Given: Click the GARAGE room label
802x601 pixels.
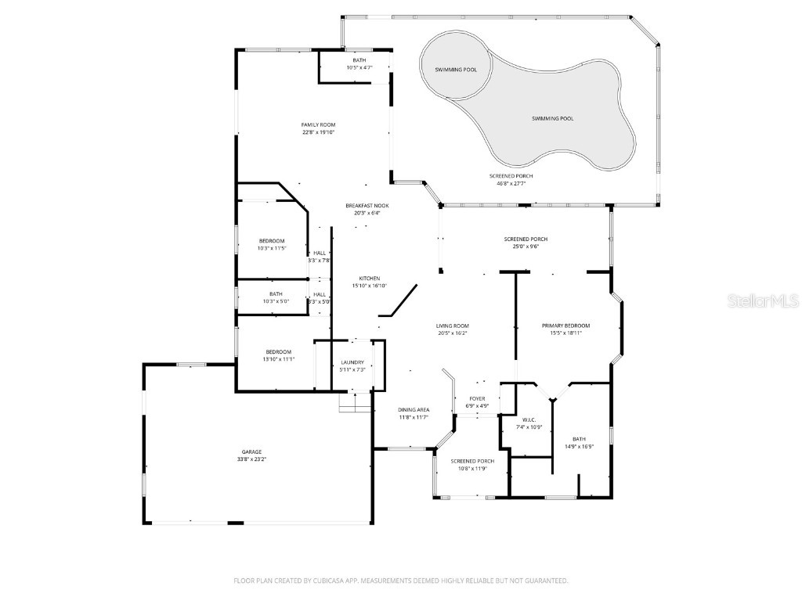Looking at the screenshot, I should coord(251,452).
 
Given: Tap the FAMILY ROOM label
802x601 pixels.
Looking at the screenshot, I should coord(318,125).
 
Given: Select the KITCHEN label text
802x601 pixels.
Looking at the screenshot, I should coord(370,279).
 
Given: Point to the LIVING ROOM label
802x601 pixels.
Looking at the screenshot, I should coord(452,326).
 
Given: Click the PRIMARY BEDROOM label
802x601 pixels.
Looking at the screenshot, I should coord(566,326).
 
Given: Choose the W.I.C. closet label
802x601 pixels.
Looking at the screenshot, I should coord(526,419).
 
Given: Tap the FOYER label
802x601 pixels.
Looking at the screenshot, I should coord(477,399).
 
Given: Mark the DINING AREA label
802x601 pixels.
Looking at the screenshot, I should coord(414,410).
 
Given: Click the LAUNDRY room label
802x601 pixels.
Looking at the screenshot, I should coord(352,362).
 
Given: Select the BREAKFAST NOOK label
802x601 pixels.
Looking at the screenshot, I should coord(367,206).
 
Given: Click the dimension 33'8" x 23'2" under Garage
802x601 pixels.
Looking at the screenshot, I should coord(251,459).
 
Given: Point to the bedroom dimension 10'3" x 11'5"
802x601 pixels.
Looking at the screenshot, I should coord(272,248).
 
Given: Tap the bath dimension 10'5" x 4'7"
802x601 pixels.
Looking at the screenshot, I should coord(359,68).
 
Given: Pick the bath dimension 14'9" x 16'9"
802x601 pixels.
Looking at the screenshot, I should coord(579,447).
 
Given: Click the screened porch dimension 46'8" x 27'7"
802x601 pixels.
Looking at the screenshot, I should coord(511,184).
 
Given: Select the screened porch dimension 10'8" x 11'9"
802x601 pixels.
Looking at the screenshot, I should coord(473,469).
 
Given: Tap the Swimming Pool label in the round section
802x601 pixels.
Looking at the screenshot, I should coord(456,70).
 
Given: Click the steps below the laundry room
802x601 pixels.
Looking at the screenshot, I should coord(354,404).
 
